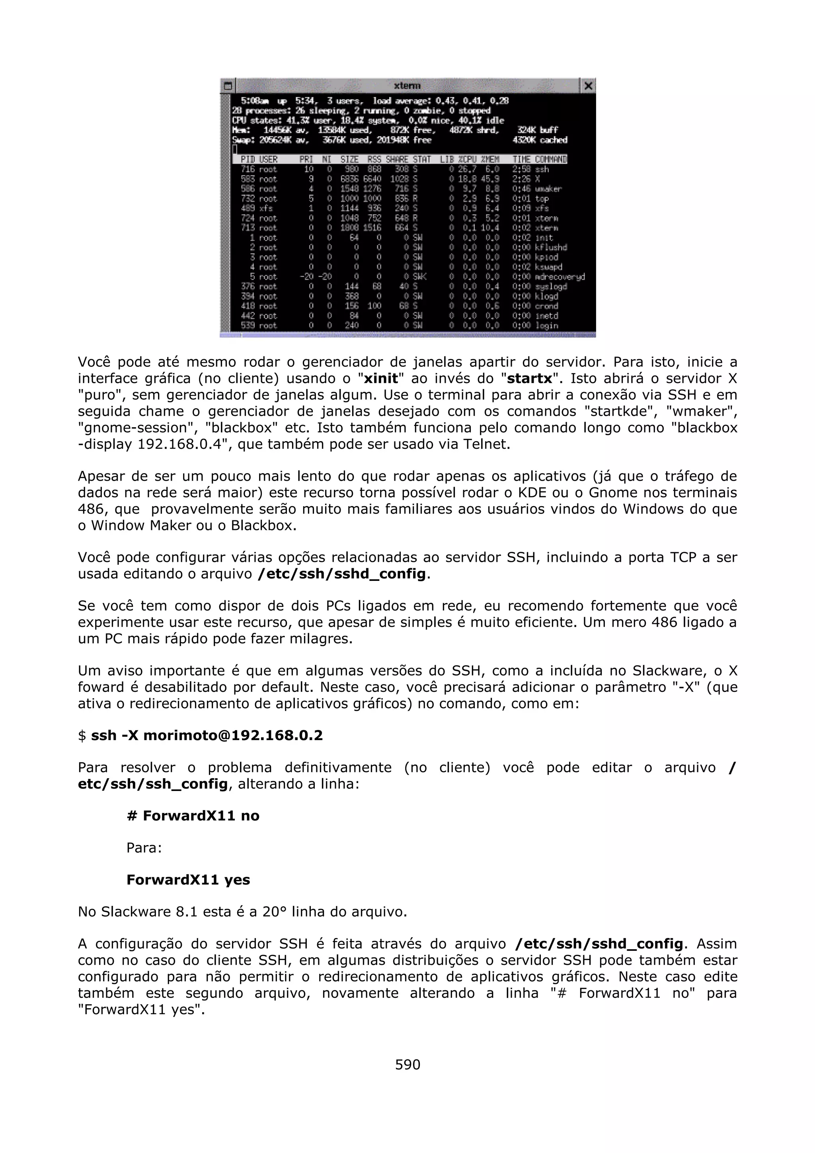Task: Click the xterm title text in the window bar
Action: (407, 86)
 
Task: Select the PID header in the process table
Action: (248, 159)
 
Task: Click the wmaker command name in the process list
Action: (548, 189)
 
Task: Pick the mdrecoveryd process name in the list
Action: (560, 277)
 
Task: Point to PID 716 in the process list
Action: (248, 169)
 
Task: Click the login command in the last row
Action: (546, 325)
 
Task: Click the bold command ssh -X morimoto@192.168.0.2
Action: (207, 736)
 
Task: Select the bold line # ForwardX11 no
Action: (193, 816)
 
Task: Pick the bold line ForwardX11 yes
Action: (188, 880)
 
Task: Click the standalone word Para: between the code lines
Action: (144, 848)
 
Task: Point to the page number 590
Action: (407, 1065)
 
